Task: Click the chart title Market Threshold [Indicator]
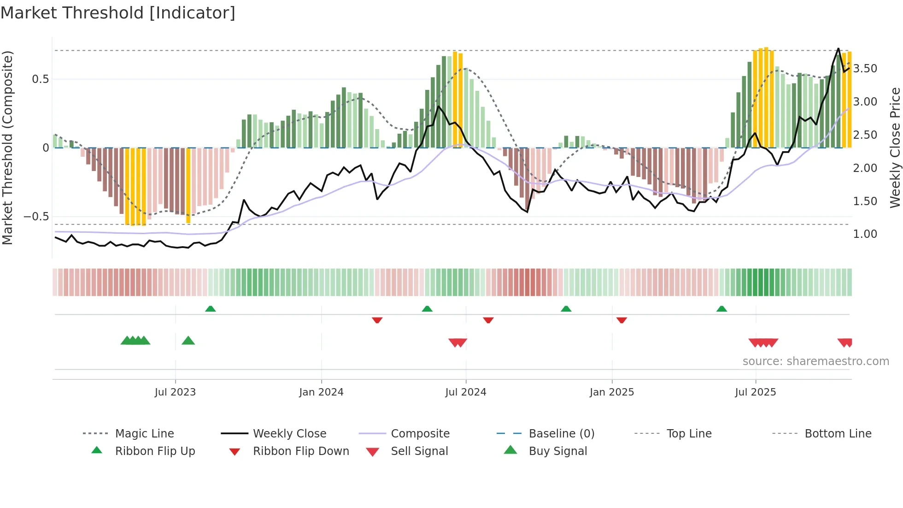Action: (118, 13)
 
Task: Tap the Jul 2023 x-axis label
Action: (175, 392)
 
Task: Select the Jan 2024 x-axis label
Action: (321, 392)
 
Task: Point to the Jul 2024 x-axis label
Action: (465, 392)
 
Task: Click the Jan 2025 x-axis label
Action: (611, 392)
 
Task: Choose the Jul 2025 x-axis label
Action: (755, 392)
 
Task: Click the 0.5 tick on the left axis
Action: (40, 79)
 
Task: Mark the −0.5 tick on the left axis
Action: (36, 217)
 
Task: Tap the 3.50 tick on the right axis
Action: (865, 69)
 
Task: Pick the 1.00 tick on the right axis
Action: (865, 234)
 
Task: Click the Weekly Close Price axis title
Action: (895, 148)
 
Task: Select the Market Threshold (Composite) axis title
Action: (7, 148)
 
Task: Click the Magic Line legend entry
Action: (144, 434)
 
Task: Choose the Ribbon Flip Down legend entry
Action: (301, 451)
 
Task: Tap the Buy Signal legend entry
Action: (557, 451)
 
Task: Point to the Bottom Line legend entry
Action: (838, 434)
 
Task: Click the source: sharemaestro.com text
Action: (815, 361)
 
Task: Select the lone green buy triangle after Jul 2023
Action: (188, 341)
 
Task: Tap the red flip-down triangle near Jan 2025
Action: (622, 320)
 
